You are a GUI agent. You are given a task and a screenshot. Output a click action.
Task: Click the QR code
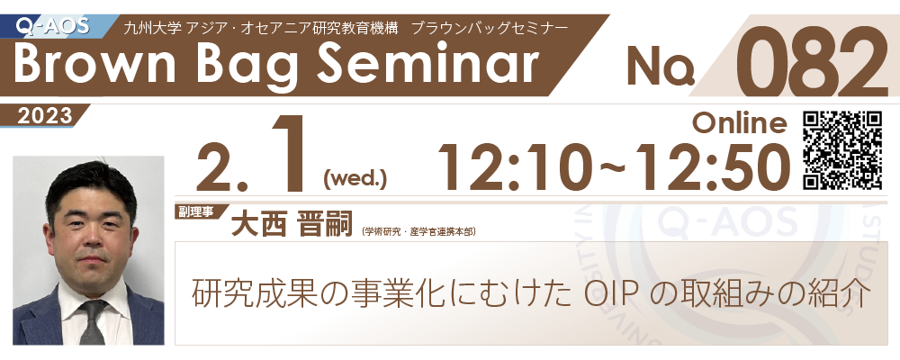pyautogui.click(x=842, y=150)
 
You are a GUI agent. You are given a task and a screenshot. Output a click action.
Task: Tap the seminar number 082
pyautogui.click(x=811, y=61)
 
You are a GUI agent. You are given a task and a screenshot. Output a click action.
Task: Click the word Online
pyautogui.click(x=739, y=122)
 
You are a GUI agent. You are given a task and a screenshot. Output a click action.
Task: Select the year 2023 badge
pyautogui.click(x=44, y=116)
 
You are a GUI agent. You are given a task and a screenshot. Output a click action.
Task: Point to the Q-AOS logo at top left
pyautogui.click(x=53, y=26)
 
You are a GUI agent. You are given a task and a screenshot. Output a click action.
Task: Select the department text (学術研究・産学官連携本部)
pyautogui.click(x=418, y=232)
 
